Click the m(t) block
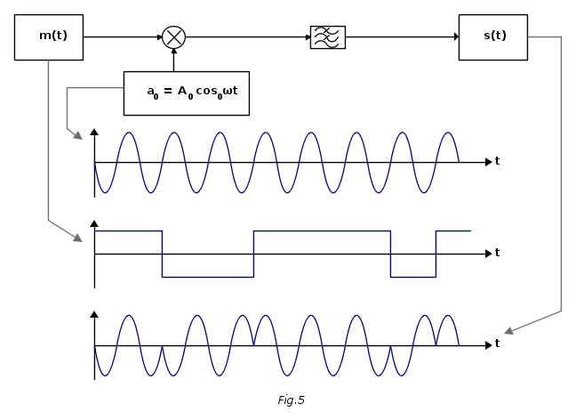pyautogui.click(x=49, y=37)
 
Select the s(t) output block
pyautogui.click(x=492, y=37)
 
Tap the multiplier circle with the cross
pyautogui.click(x=173, y=37)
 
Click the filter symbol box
pyautogui.click(x=327, y=37)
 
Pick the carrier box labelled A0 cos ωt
pyautogui.click(x=186, y=93)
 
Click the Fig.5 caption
pyautogui.click(x=291, y=400)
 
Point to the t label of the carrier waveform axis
pyautogui.click(x=497, y=161)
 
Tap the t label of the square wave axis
pyautogui.click(x=497, y=253)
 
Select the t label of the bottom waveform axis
pyautogui.click(x=497, y=343)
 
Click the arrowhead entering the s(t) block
pyautogui.click(x=456, y=37)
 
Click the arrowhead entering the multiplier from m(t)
pyautogui.click(x=159, y=37)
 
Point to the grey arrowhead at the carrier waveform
pyautogui.click(x=78, y=136)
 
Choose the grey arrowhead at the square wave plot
pyautogui.click(x=78, y=238)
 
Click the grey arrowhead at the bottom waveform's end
pyautogui.click(x=508, y=332)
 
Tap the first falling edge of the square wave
pyautogui.click(x=162, y=254)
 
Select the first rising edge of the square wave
pyautogui.click(x=253, y=254)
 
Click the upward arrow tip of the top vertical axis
pyautogui.click(x=94, y=133)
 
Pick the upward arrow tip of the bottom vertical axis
pyautogui.click(x=94, y=314)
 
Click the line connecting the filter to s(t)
pyautogui.click(x=400, y=37)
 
